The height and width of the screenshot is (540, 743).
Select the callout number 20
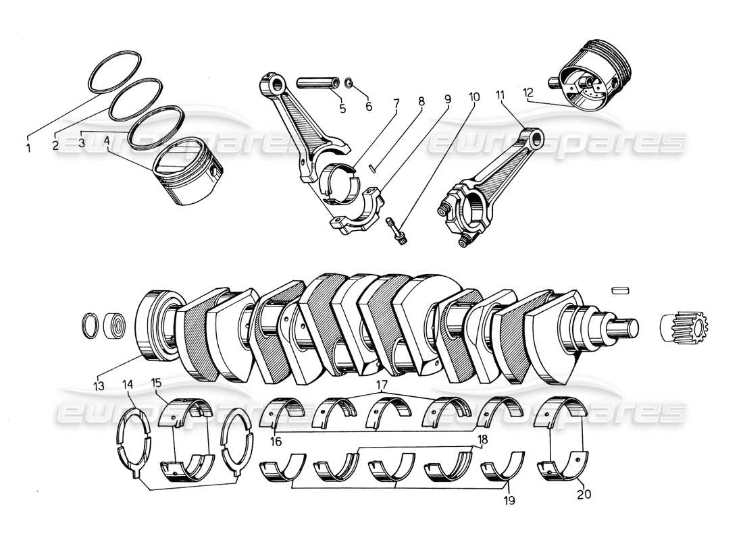(x=584, y=494)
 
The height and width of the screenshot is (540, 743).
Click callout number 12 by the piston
(x=528, y=92)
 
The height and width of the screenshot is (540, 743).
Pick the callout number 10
(x=473, y=97)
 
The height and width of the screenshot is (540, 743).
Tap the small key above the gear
(x=621, y=290)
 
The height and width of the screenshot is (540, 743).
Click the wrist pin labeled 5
(x=319, y=84)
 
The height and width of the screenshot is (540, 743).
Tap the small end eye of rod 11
(x=537, y=138)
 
